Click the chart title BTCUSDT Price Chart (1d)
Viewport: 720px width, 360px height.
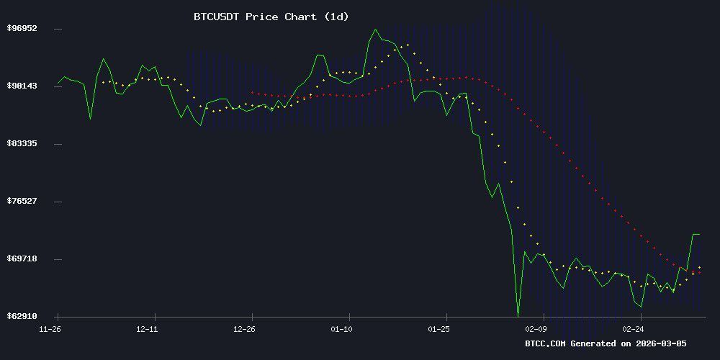point(271,17)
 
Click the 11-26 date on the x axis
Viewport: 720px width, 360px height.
point(50,329)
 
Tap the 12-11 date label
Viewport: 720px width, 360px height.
point(147,329)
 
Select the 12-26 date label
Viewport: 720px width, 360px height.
point(245,329)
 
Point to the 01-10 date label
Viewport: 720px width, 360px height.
point(342,329)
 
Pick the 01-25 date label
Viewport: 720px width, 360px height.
point(439,329)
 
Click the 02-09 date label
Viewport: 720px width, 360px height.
point(536,329)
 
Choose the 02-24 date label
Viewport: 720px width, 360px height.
point(634,329)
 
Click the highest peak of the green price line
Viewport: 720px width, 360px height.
point(375,30)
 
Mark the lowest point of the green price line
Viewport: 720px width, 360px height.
point(518,315)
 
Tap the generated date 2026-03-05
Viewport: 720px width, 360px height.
point(660,343)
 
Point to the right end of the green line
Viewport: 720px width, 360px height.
point(699,234)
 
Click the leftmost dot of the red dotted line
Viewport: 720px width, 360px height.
point(252,92)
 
